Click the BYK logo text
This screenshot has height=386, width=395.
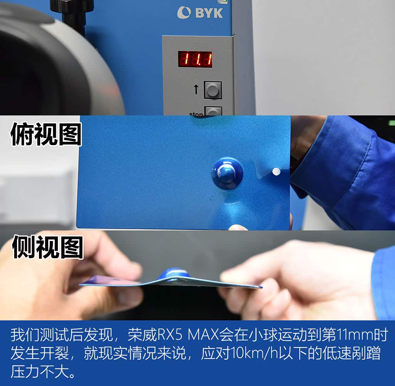pos(209,13)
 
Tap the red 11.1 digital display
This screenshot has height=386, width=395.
pos(195,59)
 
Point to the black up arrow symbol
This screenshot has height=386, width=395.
pos(196,89)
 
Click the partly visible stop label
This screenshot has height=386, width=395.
pos(196,114)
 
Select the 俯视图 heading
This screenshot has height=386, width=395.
pos(46,134)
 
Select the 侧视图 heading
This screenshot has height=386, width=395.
pos(47,247)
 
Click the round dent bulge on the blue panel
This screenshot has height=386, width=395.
pos(228,173)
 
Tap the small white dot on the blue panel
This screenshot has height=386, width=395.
pos(276,172)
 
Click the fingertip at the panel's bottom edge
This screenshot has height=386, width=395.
pos(238,227)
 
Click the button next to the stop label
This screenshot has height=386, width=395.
pos(213,111)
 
